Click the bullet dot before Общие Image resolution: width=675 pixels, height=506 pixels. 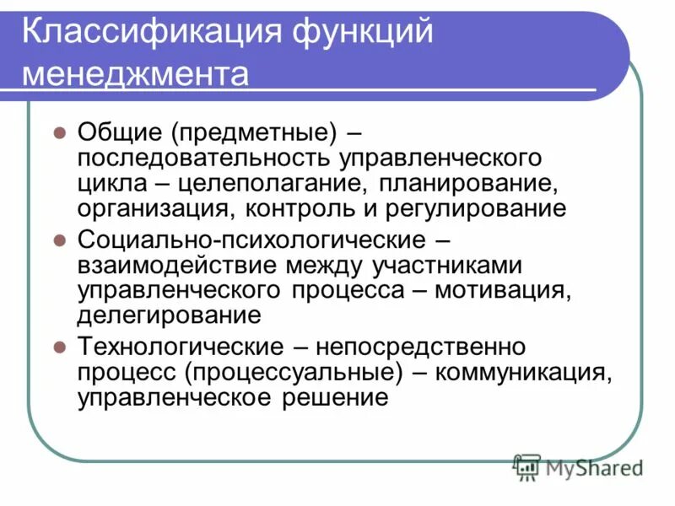pyautogui.click(x=59, y=132)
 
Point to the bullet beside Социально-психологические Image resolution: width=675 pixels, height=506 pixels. pyautogui.click(x=59, y=240)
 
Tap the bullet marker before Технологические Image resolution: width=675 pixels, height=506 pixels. pyautogui.click(x=59, y=347)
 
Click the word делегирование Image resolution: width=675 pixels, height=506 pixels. pyautogui.click(x=169, y=315)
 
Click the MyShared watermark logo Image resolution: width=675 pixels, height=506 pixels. pyautogui.click(x=579, y=466)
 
